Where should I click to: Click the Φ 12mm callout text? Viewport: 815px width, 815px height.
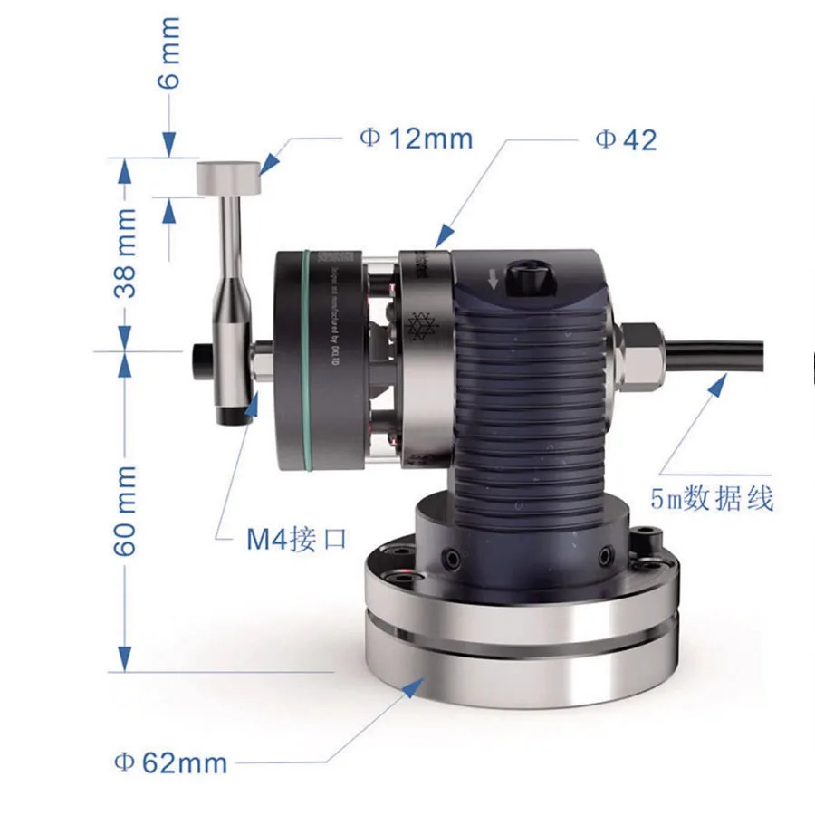tap(416, 138)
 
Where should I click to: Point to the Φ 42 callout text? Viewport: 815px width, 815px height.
tap(625, 139)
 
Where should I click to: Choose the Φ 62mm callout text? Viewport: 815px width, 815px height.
tap(169, 762)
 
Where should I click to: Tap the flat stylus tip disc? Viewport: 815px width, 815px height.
tap(229, 177)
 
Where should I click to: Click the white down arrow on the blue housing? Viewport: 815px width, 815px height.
tap(493, 278)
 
